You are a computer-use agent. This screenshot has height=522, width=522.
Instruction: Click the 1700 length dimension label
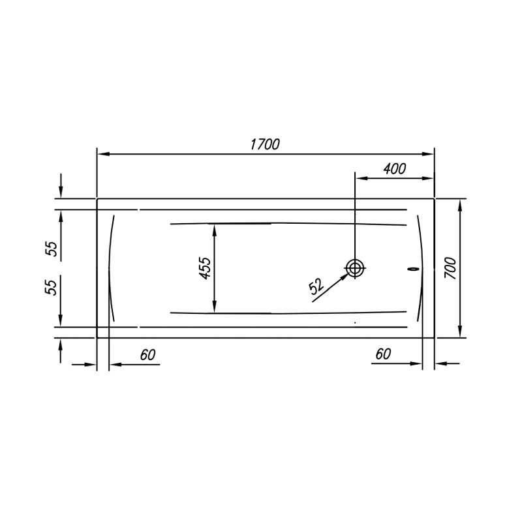(x=265, y=144)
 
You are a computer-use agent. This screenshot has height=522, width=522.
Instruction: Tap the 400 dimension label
(x=395, y=169)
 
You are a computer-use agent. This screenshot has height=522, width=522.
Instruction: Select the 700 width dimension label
(x=451, y=268)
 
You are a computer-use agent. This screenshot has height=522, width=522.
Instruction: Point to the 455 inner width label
(x=205, y=268)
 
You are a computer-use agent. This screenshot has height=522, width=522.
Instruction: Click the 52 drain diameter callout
(x=316, y=286)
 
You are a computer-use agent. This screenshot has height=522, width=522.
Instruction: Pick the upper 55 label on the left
(x=52, y=249)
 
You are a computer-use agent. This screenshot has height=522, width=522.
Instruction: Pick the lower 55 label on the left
(x=52, y=287)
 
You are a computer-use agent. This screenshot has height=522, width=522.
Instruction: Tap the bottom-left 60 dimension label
(x=147, y=355)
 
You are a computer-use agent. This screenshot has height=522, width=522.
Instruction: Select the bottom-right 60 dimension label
(x=383, y=354)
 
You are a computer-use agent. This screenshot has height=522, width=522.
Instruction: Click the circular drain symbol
(x=355, y=268)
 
